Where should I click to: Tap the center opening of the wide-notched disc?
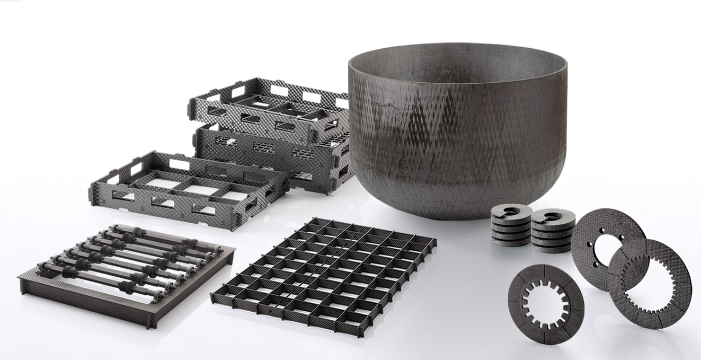(x=546, y=303)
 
